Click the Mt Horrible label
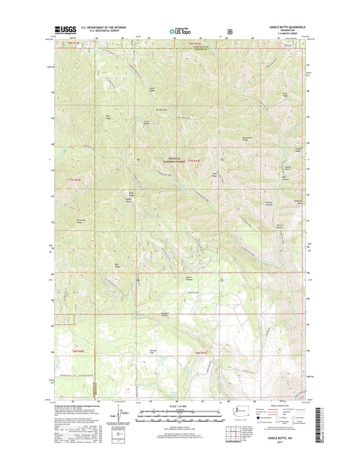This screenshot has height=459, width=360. (161, 110)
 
